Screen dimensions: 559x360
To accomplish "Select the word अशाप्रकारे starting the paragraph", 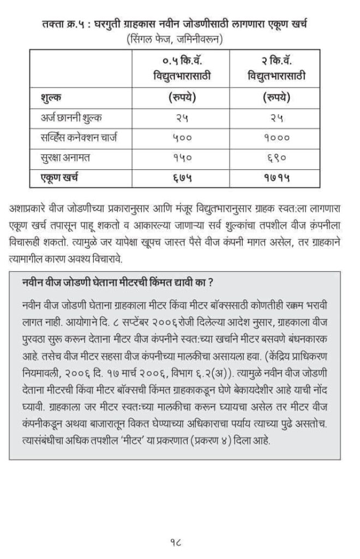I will (x=31, y=208).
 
